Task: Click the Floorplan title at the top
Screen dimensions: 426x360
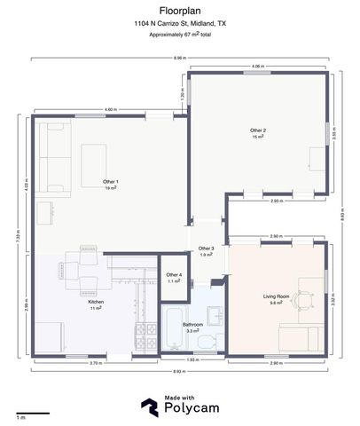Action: coord(180,11)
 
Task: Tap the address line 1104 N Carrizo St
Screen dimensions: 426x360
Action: coord(180,24)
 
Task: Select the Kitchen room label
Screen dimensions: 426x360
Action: coord(96,304)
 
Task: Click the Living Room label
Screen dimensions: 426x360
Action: coord(276,297)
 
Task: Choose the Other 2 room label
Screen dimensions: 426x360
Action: coord(258,133)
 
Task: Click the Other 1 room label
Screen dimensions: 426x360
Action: coord(111,184)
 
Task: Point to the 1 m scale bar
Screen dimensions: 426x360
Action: coord(32,413)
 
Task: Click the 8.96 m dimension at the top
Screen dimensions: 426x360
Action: coord(180,58)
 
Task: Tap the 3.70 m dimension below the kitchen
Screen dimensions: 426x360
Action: coord(94,364)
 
